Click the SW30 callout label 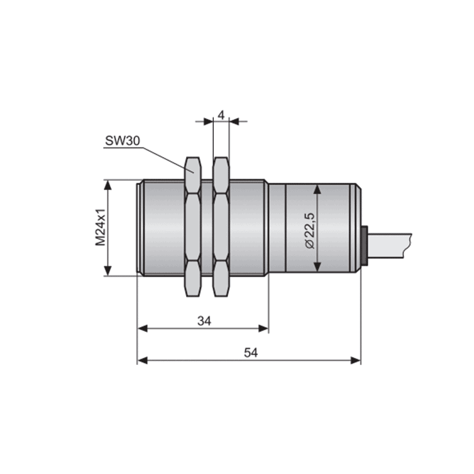click(x=123, y=141)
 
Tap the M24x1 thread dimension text click(x=101, y=227)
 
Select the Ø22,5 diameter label click(x=310, y=230)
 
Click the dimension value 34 click(x=204, y=321)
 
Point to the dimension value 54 click(x=251, y=353)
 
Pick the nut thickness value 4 click(x=221, y=115)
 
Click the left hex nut click(x=193, y=227)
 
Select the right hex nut click(x=221, y=227)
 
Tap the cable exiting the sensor click(x=389, y=246)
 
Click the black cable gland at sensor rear click(x=364, y=246)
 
